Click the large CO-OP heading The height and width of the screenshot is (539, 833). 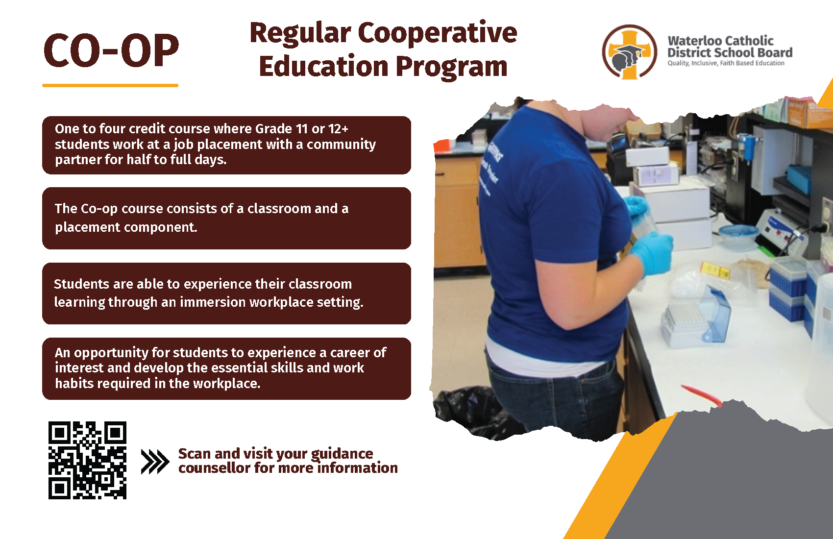point(111,50)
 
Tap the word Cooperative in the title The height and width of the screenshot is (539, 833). point(437,33)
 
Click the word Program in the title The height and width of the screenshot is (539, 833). point(451,68)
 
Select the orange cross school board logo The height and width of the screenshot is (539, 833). point(630,52)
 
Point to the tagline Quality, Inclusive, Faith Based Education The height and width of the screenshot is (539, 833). point(726,63)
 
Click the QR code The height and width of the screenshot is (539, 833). point(87,460)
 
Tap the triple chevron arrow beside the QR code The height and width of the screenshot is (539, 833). point(155,462)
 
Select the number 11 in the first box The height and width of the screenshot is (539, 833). point(301,129)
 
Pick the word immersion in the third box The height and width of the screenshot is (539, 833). point(213,302)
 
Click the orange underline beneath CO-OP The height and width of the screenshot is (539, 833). point(110,86)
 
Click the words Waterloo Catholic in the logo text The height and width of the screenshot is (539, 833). point(721,41)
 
